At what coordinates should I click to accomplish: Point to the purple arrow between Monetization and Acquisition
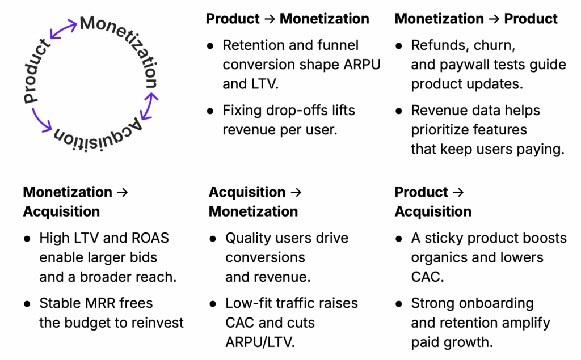[x=149, y=106]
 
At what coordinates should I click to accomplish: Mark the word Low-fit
[x=247, y=303]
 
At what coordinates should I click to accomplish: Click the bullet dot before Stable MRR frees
[x=27, y=304]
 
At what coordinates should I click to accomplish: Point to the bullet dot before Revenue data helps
[x=399, y=111]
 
